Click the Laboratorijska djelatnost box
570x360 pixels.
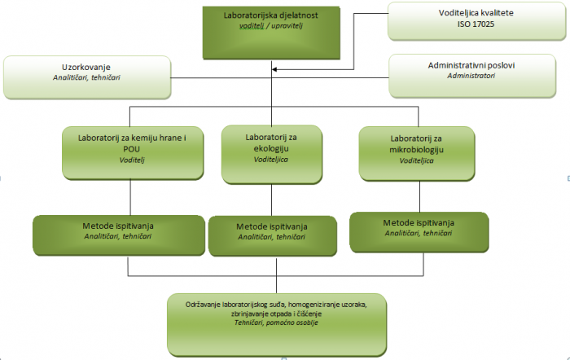click(271, 33)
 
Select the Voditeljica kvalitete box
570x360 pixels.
click(476, 21)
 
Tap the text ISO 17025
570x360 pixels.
click(476, 24)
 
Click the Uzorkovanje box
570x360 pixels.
click(87, 77)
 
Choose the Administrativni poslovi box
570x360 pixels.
click(472, 76)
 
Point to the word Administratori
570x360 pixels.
click(471, 76)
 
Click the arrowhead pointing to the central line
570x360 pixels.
click(274, 69)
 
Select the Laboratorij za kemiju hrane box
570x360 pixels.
click(133, 153)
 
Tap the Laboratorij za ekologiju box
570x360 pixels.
click(271, 155)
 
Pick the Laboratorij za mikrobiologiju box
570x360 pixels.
click(417, 153)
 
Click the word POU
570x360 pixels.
click(132, 149)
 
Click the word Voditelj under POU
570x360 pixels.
click(132, 160)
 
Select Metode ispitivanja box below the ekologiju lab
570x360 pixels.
click(273, 236)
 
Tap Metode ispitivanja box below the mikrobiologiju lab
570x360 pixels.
click(419, 232)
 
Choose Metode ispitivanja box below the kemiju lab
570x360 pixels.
click(119, 235)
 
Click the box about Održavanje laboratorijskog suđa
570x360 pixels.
click(277, 325)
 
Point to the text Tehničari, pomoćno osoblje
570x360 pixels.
click(276, 323)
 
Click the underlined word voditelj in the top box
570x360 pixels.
click(252, 26)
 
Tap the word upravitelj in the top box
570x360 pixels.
click(287, 26)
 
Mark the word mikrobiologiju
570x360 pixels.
click(417, 150)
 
